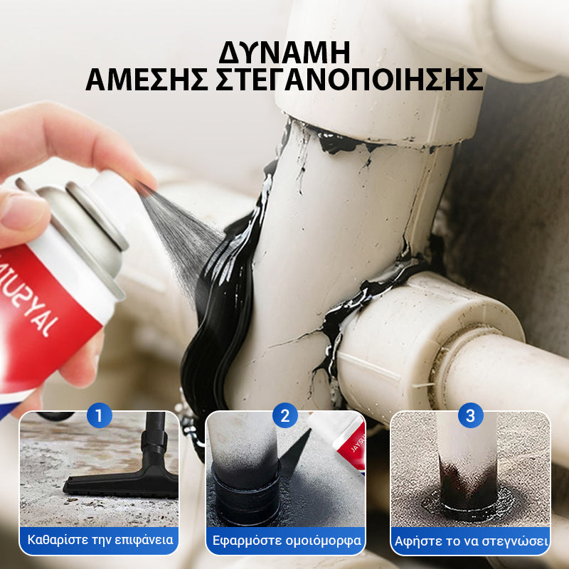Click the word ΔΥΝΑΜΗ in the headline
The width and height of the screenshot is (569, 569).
pos(284,53)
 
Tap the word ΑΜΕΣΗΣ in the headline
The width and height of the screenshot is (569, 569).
pos(147,80)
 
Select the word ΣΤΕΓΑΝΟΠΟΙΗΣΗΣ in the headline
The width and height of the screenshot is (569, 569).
pos(349,80)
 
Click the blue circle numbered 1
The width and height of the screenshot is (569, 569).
pos(99,415)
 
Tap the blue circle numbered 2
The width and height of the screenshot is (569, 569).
pos(285,415)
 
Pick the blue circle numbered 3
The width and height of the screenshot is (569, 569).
pos(470,415)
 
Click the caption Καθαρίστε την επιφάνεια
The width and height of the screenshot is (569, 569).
pos(100,540)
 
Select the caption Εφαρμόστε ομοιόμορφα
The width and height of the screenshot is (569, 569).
pos(287,541)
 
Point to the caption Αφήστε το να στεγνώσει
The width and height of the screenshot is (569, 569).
pos(471,541)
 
